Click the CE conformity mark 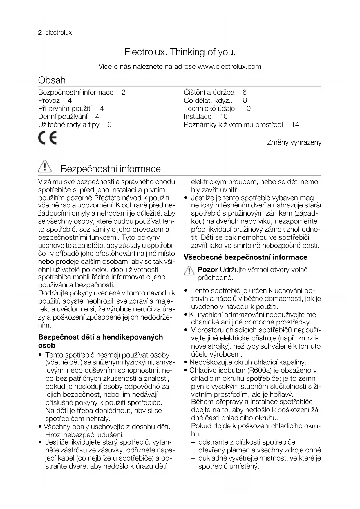pyautogui.click(x=47, y=138)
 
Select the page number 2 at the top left pyautogui.click(x=40, y=32)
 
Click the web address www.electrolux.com pyautogui.click(x=229, y=66)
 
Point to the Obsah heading pyautogui.click(x=52, y=80)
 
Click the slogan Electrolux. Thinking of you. pyautogui.click(x=180, y=52)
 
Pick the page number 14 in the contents pyautogui.click(x=295, y=124)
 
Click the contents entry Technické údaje pyautogui.click(x=209, y=109)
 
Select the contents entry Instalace pyautogui.click(x=198, y=117)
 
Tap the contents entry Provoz pyautogui.click(x=49, y=100)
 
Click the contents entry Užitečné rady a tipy pyautogui.click(x=69, y=125)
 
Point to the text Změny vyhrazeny pyautogui.click(x=294, y=142)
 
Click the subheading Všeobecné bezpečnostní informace pyautogui.click(x=245, y=257)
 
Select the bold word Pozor pyautogui.click(x=207, y=270)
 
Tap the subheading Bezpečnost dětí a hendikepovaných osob pyautogui.click(x=100, y=341)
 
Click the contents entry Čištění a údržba pyautogui.click(x=209, y=92)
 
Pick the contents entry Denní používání pyautogui.click(x=63, y=117)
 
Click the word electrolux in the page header pyautogui.click(x=59, y=33)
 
